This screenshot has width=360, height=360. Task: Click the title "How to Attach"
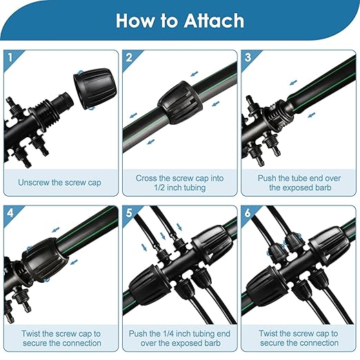[x=179, y=21]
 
